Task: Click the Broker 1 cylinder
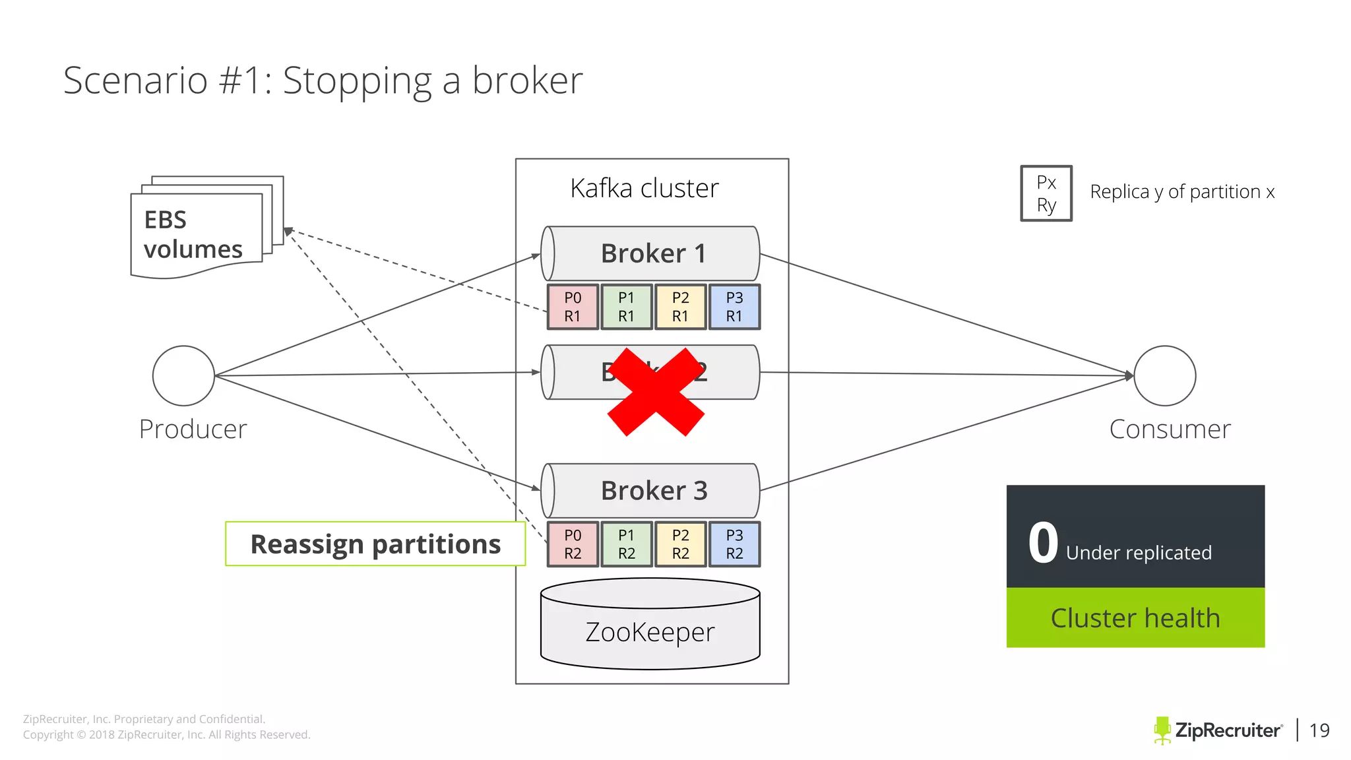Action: point(650,254)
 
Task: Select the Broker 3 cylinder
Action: point(650,491)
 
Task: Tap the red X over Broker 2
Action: point(656,392)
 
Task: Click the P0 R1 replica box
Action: point(573,307)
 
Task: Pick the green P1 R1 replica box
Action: point(627,307)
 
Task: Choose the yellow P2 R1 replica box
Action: point(680,307)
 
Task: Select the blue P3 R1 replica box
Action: point(734,307)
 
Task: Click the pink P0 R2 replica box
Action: point(573,544)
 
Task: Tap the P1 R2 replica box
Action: point(627,544)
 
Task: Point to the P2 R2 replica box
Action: point(680,544)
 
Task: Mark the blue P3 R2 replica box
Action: point(734,544)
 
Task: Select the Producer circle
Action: point(183,376)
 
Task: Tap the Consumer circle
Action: point(1165,376)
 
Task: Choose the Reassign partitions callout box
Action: point(375,544)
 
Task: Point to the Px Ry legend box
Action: point(1046,193)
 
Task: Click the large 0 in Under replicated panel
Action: point(1043,543)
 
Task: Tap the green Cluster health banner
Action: point(1135,618)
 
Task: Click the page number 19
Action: point(1319,730)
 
